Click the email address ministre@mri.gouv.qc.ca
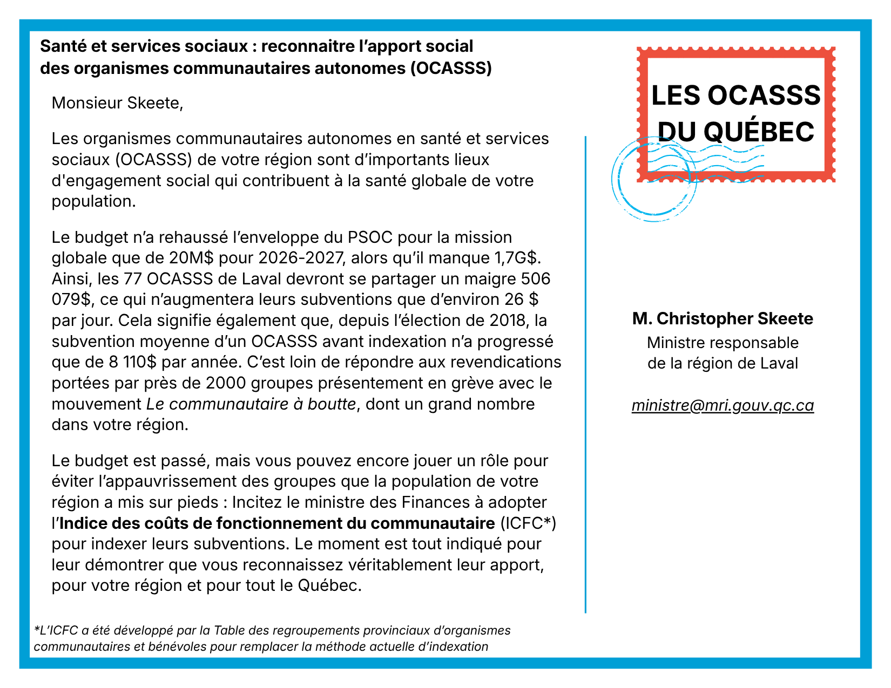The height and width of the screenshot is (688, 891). pyautogui.click(x=723, y=405)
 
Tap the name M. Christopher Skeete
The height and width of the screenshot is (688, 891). pyautogui.click(x=723, y=318)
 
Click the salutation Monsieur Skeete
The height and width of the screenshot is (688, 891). pyautogui.click(x=117, y=103)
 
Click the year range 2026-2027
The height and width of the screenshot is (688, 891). pyautogui.click(x=301, y=258)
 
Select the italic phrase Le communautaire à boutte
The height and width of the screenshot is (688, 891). pyautogui.click(x=251, y=404)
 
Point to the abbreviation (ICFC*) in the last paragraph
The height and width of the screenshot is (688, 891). pyautogui.click(x=528, y=523)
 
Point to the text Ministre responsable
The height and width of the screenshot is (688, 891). pyautogui.click(x=723, y=343)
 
